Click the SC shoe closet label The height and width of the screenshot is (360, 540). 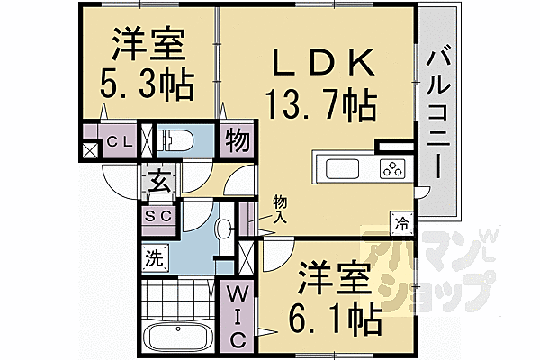coord(159,217)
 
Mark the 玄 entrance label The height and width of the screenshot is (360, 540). coord(158,184)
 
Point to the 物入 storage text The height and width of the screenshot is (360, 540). coord(281,210)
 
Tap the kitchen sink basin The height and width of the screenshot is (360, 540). coord(343,168)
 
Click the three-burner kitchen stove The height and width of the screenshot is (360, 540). coord(391,168)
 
